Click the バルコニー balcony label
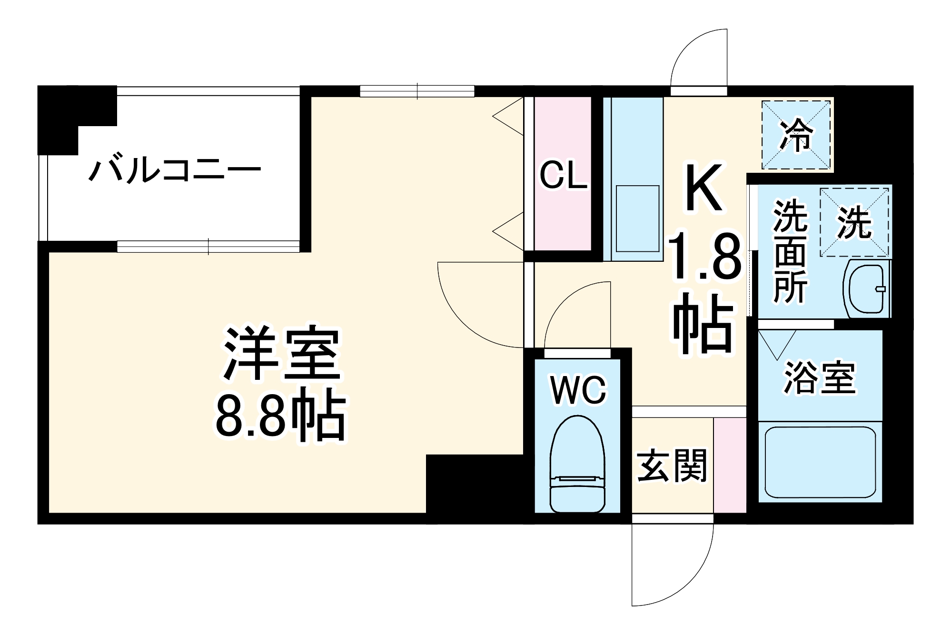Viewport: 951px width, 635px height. click(175, 170)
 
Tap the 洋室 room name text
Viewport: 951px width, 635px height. click(282, 353)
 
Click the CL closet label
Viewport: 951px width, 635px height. click(563, 175)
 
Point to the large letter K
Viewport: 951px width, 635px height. click(703, 188)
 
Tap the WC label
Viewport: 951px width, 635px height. click(578, 390)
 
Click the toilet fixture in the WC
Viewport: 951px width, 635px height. click(577, 464)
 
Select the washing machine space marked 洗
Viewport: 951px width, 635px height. click(854, 222)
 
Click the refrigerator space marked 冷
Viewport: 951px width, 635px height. click(796, 135)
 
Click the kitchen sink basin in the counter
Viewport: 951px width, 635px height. click(637, 218)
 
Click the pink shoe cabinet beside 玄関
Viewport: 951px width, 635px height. click(730, 465)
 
